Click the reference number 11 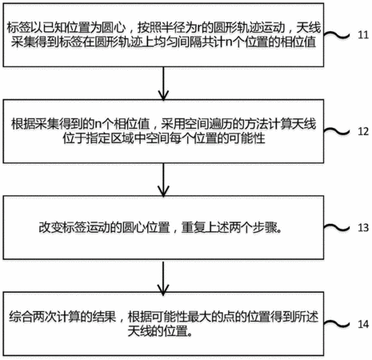pyautogui.click(x=363, y=35)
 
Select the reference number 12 pyautogui.click(x=363, y=131)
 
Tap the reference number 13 pyautogui.click(x=363, y=228)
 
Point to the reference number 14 pyautogui.click(x=363, y=324)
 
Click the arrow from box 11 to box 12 pyautogui.click(x=163, y=83)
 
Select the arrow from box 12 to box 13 pyautogui.click(x=163, y=179)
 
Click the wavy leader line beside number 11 pyautogui.click(x=337, y=34)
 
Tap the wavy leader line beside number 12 pyautogui.click(x=337, y=131)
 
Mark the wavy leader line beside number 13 pyautogui.click(x=337, y=227)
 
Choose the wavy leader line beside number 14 pyautogui.click(x=337, y=324)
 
